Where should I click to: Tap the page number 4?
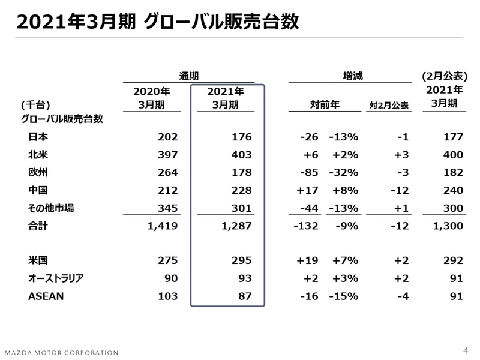pos(466,350)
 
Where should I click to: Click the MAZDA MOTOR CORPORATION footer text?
pos(62,352)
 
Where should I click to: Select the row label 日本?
pos(38,137)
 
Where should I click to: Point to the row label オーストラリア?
pos(56,278)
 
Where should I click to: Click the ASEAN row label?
pos(46,296)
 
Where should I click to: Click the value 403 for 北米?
pos(242,155)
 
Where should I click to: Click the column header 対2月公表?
pos(388,106)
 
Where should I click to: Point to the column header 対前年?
pos(325,105)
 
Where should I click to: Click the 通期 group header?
pos(188,76)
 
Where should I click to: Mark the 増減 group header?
pos(352,76)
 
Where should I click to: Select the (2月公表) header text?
pos(445,76)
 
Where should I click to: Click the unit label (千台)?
pos(35,104)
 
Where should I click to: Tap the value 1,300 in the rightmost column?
pos(449,226)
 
